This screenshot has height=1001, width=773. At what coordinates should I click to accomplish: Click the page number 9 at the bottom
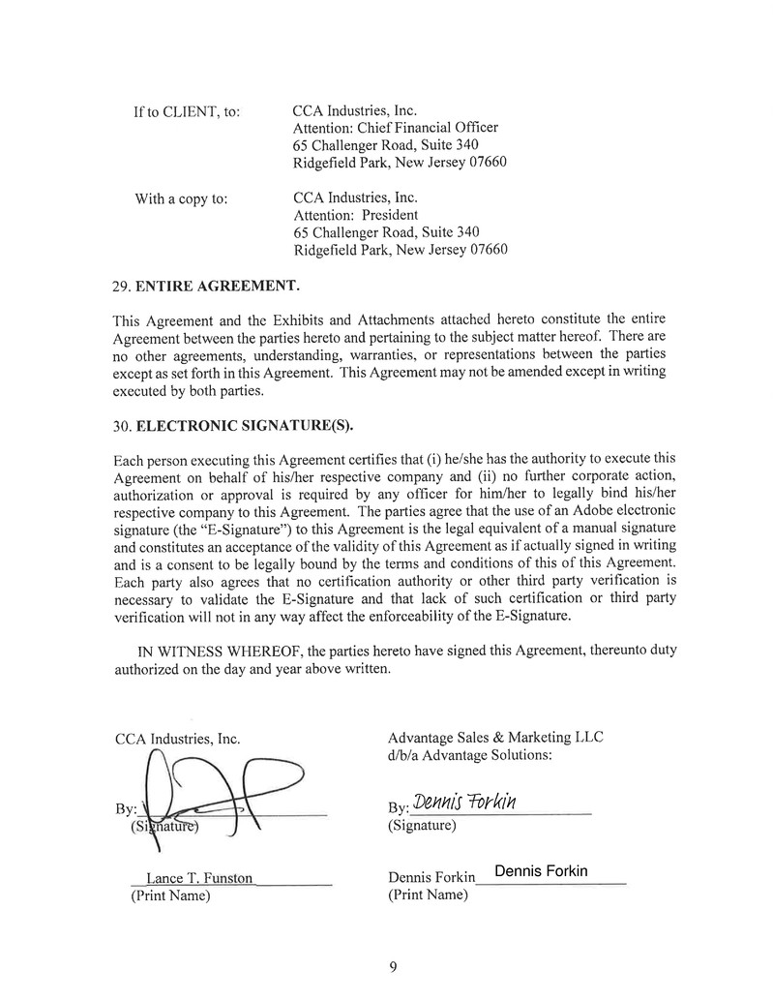point(393,966)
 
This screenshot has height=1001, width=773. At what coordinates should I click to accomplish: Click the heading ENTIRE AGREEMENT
point(218,287)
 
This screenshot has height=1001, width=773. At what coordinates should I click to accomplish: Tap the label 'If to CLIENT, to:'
point(187,112)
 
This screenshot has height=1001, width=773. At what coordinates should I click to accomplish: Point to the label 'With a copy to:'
point(181,199)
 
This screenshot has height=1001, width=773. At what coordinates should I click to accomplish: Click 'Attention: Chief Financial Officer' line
point(395,128)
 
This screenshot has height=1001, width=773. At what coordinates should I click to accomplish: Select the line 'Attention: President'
point(355,215)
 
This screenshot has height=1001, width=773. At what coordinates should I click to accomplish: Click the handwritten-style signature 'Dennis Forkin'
point(465,804)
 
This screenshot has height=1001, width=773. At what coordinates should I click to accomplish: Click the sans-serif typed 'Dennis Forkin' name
point(541,871)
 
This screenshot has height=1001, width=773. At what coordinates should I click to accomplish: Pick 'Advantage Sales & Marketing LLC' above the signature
point(494,737)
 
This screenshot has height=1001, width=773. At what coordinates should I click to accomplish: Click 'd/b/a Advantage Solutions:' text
point(469,754)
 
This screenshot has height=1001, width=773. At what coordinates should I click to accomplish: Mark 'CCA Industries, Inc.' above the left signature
point(177,740)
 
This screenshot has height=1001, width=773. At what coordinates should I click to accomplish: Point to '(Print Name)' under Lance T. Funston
point(170,895)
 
